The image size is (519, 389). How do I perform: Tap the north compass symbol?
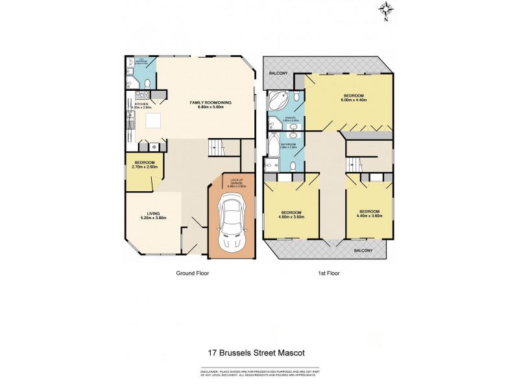click(x=387, y=10)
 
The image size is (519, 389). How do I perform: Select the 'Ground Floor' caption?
click(x=192, y=274)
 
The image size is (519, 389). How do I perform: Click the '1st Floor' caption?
click(x=330, y=274)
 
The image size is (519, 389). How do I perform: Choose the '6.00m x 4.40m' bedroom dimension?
click(x=355, y=100)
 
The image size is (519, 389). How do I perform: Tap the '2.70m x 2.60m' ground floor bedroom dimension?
click(x=144, y=167)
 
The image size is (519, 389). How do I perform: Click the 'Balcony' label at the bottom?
click(x=363, y=250)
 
